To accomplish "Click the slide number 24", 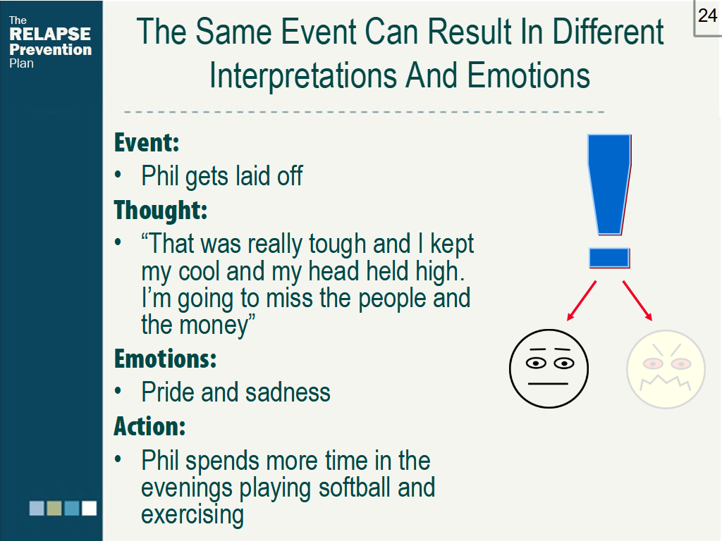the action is (707, 15).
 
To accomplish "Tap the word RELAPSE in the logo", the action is (50, 34).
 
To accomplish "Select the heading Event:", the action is (147, 142).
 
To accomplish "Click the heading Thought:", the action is (161, 210).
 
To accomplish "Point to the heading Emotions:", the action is (165, 359).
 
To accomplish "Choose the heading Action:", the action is (149, 426).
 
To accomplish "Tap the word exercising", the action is (192, 515).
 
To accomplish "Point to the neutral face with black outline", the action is (549, 368).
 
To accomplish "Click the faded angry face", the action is (666, 369).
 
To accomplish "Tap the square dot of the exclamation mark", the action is (609, 258).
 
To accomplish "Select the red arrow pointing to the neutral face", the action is (582, 300).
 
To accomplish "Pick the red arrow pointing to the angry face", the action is (637, 300).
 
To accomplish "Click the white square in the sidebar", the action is (90, 508).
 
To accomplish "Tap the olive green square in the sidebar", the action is (54, 508).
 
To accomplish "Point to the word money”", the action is (217, 325).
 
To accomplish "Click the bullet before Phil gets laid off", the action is (118, 175).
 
